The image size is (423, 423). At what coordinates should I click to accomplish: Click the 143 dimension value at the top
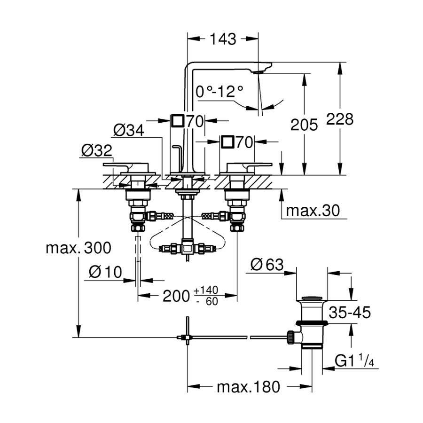pyautogui.click(x=223, y=39)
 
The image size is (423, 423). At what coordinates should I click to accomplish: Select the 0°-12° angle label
pyautogui.click(x=220, y=91)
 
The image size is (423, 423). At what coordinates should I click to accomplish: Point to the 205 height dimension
pyautogui.click(x=304, y=125)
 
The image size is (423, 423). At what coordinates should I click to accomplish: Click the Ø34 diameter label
pyautogui.click(x=129, y=130)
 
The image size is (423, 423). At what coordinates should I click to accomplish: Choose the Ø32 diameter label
pyautogui.click(x=96, y=150)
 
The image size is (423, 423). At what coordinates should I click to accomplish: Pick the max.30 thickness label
pyautogui.click(x=313, y=211)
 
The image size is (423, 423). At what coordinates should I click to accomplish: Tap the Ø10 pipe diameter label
pyautogui.click(x=106, y=272)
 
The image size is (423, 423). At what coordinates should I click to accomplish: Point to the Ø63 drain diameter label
pyautogui.click(x=267, y=265)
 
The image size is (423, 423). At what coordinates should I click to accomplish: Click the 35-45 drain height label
pyautogui.click(x=350, y=312)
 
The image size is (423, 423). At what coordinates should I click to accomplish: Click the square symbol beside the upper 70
pyautogui.click(x=178, y=121)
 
